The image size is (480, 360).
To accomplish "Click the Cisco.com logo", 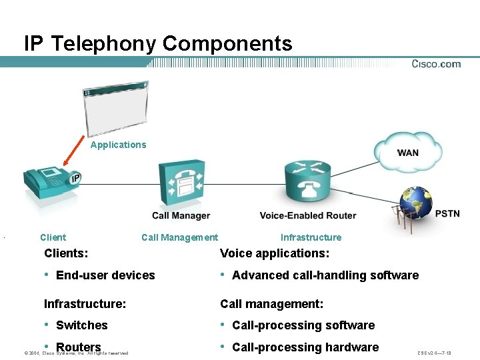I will pyautogui.click(x=436, y=64).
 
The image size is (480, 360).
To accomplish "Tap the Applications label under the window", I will pyautogui.click(x=118, y=145).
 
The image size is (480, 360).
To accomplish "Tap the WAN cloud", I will pyautogui.click(x=408, y=152).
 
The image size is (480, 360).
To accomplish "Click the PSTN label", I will pyautogui.click(x=447, y=213).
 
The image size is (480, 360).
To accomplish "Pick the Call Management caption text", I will pyautogui.click(x=179, y=237).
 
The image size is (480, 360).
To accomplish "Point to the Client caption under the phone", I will pyautogui.click(x=53, y=237).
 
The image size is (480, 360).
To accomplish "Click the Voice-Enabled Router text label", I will pyautogui.click(x=308, y=215).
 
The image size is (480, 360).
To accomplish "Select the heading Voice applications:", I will pyautogui.click(x=275, y=253).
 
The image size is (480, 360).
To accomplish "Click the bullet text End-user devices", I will pyautogui.click(x=105, y=275).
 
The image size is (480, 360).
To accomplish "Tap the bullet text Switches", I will pyautogui.click(x=82, y=325).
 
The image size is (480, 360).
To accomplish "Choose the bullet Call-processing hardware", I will pyautogui.click(x=305, y=347).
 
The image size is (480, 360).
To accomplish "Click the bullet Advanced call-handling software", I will pyautogui.click(x=325, y=275).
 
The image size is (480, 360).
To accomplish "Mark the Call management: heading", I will pyautogui.click(x=271, y=304).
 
